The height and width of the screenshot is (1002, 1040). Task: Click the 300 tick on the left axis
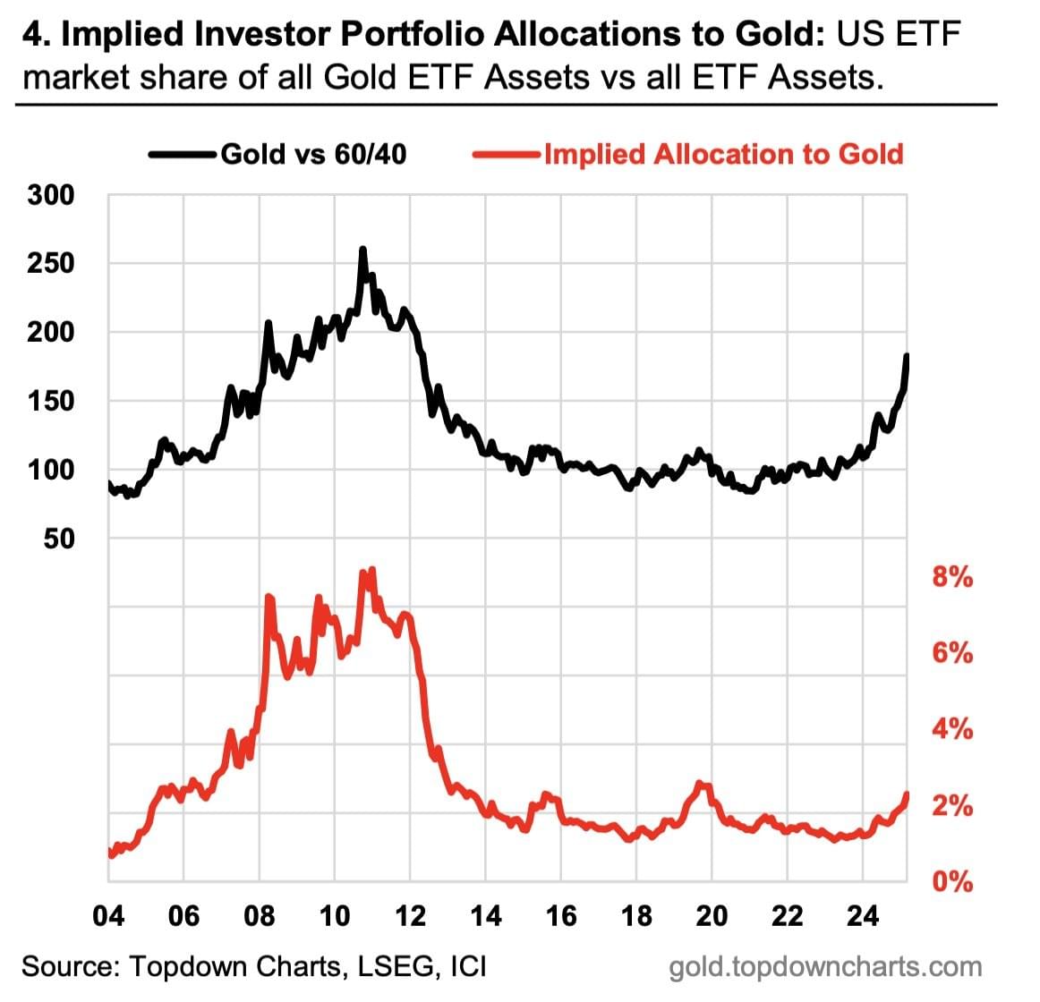coord(52,194)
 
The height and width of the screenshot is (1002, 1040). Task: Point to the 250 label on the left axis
coord(52,263)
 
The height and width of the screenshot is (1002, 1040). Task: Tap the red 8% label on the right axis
coord(952,577)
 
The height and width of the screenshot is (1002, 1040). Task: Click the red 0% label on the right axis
coord(952,882)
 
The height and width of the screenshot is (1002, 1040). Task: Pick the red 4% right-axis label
coord(952,729)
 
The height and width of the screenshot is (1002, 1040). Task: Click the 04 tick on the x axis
coord(108,916)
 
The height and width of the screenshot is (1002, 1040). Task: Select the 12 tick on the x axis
coord(410,916)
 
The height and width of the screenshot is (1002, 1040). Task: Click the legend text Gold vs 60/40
coord(313,155)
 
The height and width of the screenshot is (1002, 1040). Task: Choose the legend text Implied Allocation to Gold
coord(724,155)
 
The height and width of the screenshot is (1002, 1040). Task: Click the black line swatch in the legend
coord(183,155)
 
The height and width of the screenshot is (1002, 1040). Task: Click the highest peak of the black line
coord(362,250)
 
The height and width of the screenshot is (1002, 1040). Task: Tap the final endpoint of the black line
coord(907,357)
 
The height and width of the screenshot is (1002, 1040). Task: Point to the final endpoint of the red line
coord(907,794)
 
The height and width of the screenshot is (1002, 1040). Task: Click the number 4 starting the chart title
coord(31,36)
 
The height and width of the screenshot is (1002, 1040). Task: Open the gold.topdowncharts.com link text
coord(825,967)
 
